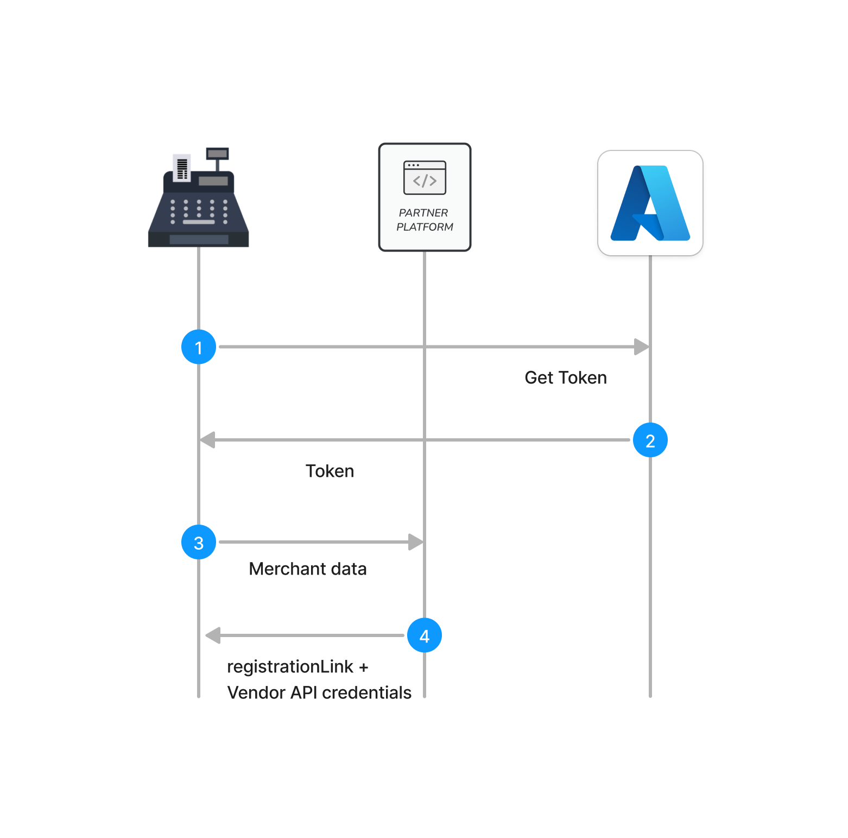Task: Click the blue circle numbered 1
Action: tap(199, 347)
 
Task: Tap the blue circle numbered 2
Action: tap(650, 440)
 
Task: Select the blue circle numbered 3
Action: tap(199, 542)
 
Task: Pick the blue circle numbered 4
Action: tap(424, 635)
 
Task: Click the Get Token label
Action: tap(565, 378)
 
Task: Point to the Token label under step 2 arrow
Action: tap(330, 471)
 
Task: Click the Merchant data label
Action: tap(308, 569)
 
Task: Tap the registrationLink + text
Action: tap(298, 667)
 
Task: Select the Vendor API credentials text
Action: tap(319, 693)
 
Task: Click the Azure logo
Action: tap(650, 204)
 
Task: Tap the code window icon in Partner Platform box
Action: tap(425, 178)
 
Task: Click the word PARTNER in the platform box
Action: tap(423, 213)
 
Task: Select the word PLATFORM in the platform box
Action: tap(425, 227)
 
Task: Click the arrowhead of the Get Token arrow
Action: tap(642, 347)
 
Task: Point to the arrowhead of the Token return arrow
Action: tap(207, 440)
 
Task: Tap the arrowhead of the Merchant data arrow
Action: tap(416, 542)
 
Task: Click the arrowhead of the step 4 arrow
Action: tap(213, 635)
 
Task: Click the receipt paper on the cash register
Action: tap(182, 167)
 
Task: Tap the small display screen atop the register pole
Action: tap(217, 154)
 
